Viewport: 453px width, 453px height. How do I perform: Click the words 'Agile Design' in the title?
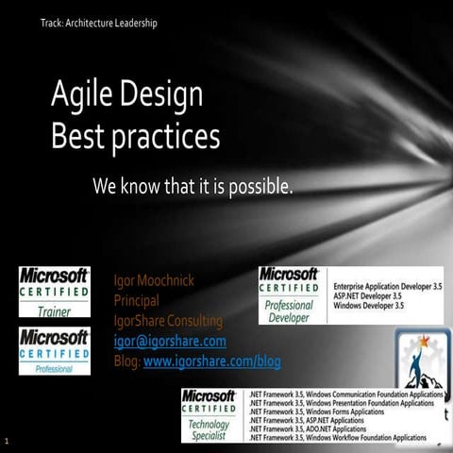[x=127, y=94]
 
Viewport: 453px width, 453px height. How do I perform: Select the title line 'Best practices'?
[x=136, y=136]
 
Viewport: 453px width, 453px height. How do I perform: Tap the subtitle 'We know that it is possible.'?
[x=193, y=186]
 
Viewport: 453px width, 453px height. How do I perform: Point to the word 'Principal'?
[x=136, y=302]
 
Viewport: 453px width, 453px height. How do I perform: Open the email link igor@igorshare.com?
[x=170, y=342]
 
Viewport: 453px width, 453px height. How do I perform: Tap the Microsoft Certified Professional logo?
[x=55, y=350]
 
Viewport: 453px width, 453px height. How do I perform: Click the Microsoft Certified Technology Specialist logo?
[x=210, y=415]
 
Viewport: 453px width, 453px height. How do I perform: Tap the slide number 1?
[x=7, y=441]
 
